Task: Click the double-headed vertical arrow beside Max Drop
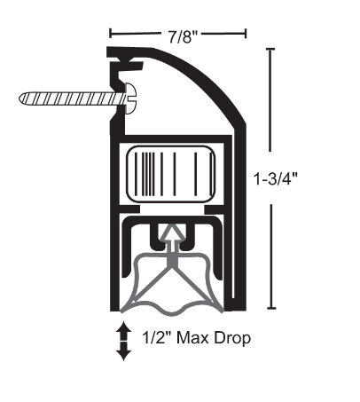tap(124, 342)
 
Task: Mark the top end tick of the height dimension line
tap(270, 51)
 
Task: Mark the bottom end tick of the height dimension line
tap(270, 308)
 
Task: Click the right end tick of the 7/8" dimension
tap(245, 35)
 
